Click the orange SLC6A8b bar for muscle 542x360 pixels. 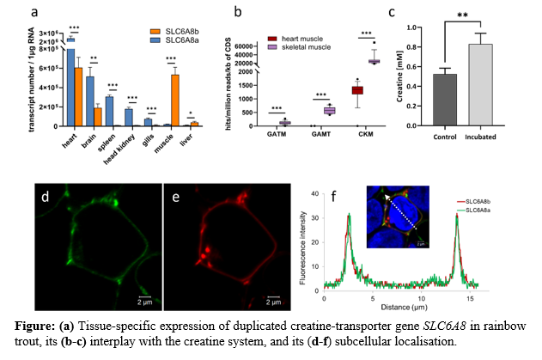[x=175, y=100]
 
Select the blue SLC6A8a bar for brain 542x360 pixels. [x=90, y=101]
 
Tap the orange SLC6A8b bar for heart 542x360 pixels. [x=79, y=95]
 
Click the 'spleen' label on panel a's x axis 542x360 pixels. [x=109, y=138]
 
